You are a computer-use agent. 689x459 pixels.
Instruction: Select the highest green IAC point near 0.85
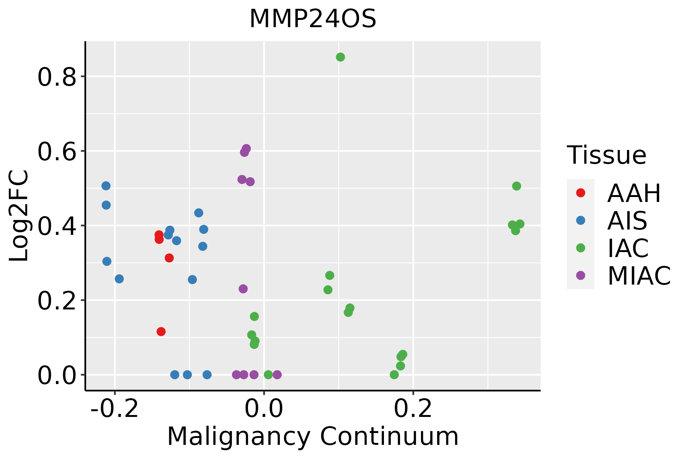(340, 57)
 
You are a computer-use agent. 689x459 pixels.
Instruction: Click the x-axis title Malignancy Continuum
(313, 436)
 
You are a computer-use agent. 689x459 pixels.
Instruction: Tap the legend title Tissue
(607, 155)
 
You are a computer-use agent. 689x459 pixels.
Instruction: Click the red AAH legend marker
(581, 193)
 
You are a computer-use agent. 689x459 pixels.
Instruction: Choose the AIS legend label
(627, 221)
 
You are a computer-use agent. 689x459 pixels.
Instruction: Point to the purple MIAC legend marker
(581, 275)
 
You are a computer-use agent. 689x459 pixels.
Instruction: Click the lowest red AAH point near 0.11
(161, 332)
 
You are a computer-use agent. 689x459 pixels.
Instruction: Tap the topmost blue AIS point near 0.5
(106, 186)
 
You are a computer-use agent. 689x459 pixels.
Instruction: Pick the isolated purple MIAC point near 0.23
(243, 289)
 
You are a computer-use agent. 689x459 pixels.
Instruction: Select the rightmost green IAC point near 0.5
(516, 186)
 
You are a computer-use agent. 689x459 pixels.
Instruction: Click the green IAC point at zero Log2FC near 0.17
(394, 375)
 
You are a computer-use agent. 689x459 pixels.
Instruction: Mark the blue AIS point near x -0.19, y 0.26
(119, 279)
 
